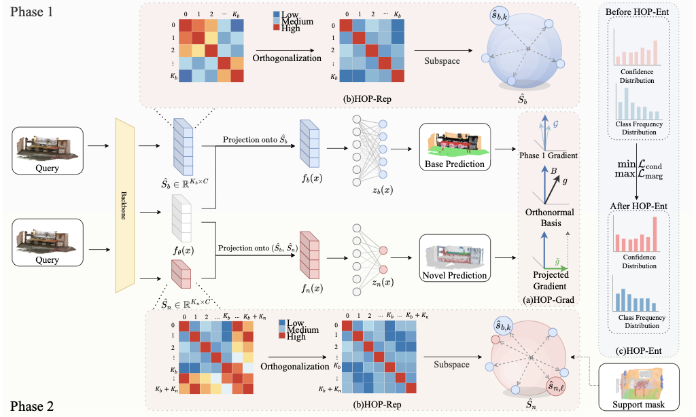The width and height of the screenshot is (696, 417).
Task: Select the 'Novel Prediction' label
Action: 454,275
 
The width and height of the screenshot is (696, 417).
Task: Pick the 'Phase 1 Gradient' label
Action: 548,156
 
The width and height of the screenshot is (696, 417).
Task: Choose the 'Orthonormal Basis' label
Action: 549,217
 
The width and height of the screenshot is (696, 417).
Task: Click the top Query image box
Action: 46,151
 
